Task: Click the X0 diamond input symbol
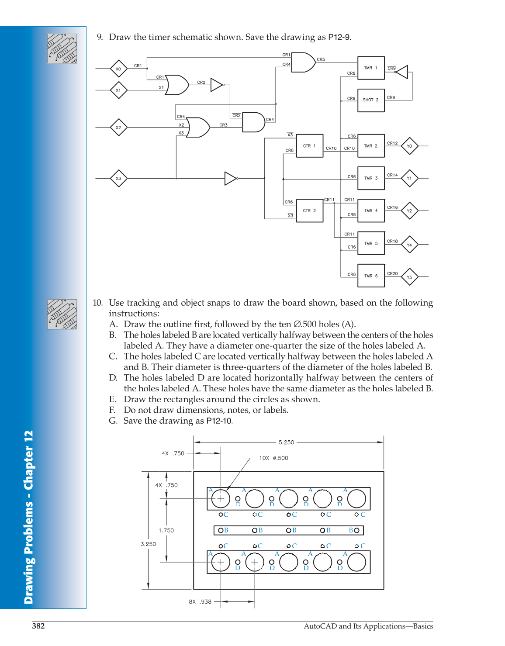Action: (x=118, y=69)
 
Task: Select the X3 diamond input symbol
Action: (x=118, y=178)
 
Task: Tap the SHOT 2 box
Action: (x=371, y=100)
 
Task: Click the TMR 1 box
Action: (x=371, y=68)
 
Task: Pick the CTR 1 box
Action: (x=310, y=146)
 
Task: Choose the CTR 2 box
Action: (x=310, y=211)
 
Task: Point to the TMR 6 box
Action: (x=371, y=276)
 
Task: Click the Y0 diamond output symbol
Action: (x=409, y=146)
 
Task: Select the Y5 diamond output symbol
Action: (x=409, y=277)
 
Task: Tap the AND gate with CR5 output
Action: (x=303, y=62)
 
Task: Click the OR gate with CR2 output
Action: (x=177, y=85)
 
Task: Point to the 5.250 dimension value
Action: (x=286, y=442)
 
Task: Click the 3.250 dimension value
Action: (x=148, y=544)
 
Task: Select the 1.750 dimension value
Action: (x=166, y=530)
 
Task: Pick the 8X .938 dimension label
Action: (x=200, y=601)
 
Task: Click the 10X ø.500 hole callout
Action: (x=273, y=458)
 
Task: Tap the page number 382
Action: (x=38, y=626)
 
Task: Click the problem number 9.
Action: (x=100, y=37)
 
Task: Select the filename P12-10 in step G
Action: (x=219, y=421)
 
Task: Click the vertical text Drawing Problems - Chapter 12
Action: (x=29, y=517)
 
